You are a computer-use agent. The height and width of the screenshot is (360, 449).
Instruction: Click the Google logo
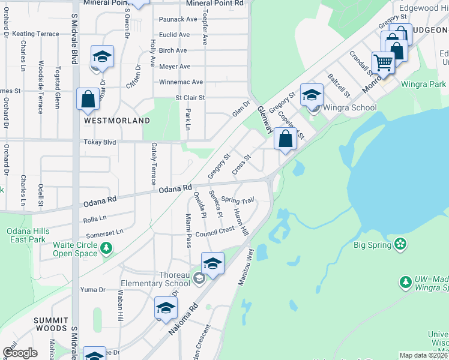(20, 353)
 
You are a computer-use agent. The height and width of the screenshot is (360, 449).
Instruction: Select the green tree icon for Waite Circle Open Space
(106, 247)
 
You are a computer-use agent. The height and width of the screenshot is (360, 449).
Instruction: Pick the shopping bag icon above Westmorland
(88, 98)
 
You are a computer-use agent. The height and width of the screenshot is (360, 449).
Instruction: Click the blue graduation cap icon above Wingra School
(312, 94)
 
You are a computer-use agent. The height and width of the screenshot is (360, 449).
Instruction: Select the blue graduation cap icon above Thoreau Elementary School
(212, 263)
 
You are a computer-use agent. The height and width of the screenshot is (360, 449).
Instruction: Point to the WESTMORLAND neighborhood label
(116, 121)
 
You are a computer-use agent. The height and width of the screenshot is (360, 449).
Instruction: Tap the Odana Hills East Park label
(28, 235)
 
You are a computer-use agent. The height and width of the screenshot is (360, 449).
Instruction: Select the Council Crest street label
(214, 232)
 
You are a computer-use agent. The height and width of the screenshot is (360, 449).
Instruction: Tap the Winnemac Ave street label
(181, 82)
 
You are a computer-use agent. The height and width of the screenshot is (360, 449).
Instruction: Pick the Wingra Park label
(423, 84)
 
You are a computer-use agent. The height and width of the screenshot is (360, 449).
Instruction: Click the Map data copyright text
(424, 355)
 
